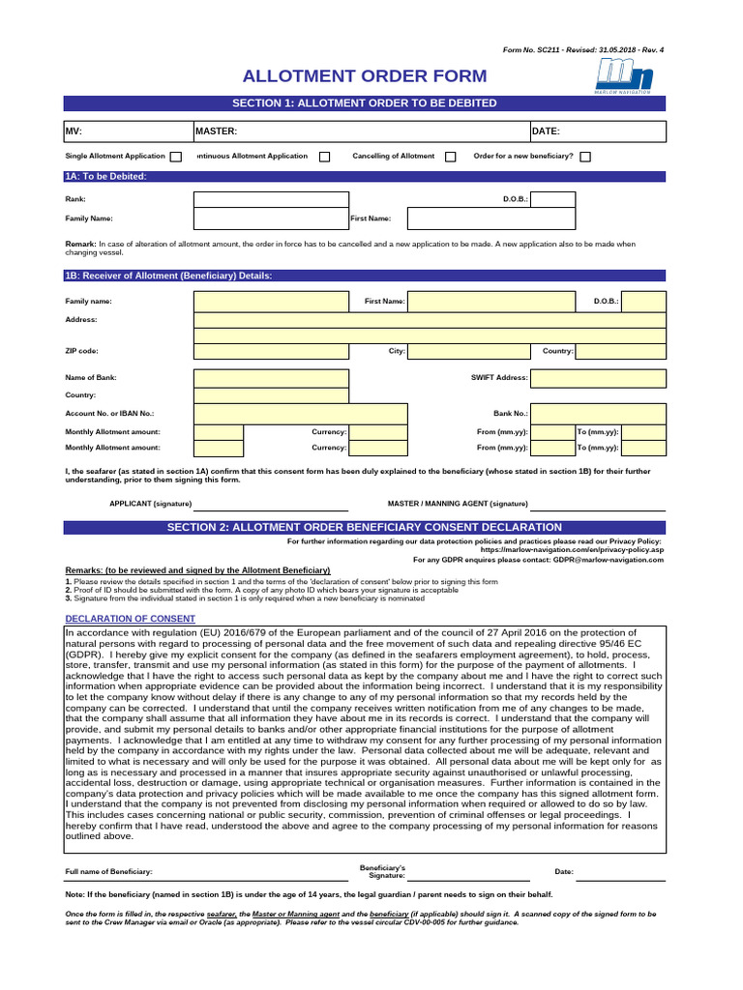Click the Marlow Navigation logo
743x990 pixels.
coord(624,75)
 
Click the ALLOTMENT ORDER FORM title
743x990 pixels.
coord(365,76)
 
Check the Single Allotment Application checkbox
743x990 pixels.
coord(176,157)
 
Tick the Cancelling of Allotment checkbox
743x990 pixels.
coord(450,157)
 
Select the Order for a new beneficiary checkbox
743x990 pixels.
coord(585,157)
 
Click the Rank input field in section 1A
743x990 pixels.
coord(270,199)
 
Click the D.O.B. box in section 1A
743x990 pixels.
coord(552,199)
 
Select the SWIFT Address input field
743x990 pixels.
coord(598,378)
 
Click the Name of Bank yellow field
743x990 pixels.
coord(270,378)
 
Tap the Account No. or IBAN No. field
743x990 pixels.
coord(270,414)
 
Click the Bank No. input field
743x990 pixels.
coord(598,414)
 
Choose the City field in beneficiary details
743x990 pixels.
coord(468,351)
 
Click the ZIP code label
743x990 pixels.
coord(82,352)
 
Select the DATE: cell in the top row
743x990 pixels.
coord(597,131)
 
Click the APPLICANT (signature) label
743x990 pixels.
coord(150,504)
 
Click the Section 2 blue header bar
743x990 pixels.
coord(365,527)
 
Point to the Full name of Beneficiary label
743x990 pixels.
coord(108,872)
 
